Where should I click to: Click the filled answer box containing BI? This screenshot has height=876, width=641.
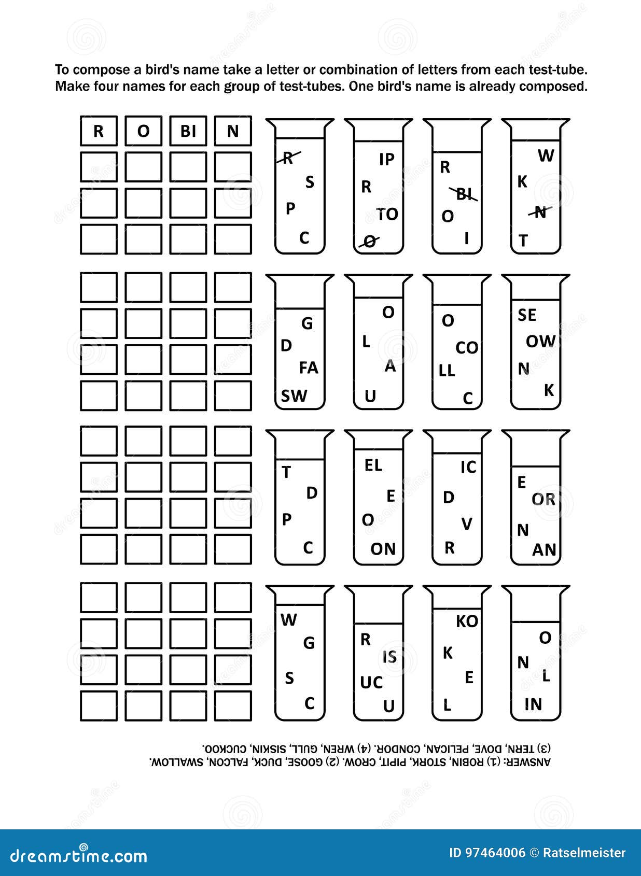(188, 131)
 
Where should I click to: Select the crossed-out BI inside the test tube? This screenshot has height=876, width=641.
(464, 194)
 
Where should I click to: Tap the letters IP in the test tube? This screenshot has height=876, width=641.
(387, 159)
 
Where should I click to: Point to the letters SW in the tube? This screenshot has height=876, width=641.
(294, 396)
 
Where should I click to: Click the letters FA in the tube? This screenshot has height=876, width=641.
(309, 368)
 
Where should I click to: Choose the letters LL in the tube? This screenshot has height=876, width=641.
(447, 370)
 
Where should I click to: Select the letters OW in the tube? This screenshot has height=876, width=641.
(540, 342)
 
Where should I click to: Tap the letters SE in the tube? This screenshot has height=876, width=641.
(527, 315)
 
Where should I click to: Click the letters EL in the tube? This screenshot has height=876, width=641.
(373, 465)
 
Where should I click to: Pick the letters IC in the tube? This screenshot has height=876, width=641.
(468, 467)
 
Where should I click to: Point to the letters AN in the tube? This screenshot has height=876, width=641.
(544, 550)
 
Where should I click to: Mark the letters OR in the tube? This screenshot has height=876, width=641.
(543, 499)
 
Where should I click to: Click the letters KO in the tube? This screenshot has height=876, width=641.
(467, 621)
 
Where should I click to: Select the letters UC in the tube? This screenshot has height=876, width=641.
(371, 683)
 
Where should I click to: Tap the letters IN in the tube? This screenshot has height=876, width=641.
(533, 704)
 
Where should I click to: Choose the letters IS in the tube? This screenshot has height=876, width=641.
(389, 657)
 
